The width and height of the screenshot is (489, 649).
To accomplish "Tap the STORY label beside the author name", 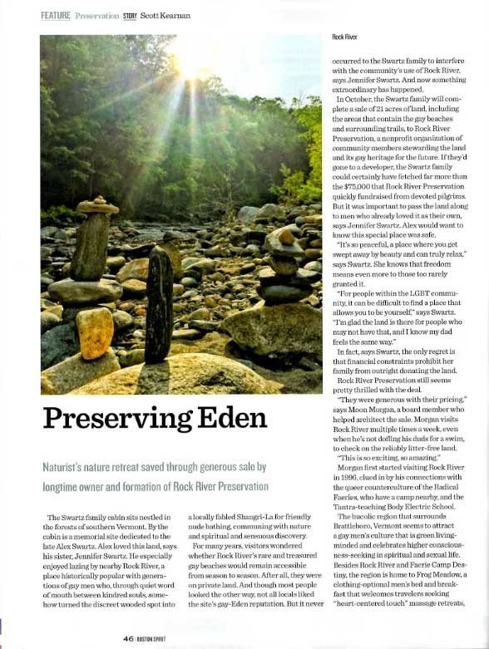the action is click(130, 15).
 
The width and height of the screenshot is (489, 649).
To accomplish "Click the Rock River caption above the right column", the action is click(345, 37).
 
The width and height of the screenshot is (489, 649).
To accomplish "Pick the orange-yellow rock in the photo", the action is click(95, 333).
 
